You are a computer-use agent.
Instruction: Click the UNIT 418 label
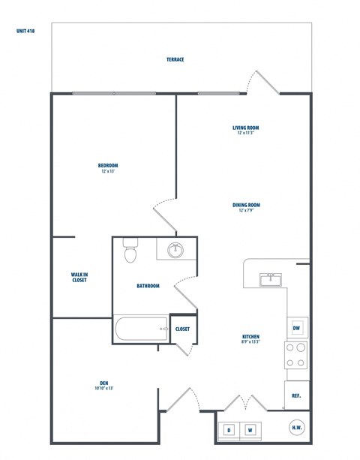click(x=25, y=32)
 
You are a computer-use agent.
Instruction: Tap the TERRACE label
click(x=175, y=59)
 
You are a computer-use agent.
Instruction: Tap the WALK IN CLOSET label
click(x=79, y=278)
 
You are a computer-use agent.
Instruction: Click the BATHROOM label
click(x=148, y=285)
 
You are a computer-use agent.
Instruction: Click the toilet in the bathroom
click(x=131, y=251)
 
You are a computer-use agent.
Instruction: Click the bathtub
click(x=141, y=328)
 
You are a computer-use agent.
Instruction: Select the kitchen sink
click(x=270, y=279)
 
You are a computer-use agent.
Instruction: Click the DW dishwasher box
click(x=297, y=327)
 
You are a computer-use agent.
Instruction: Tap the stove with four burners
click(x=295, y=355)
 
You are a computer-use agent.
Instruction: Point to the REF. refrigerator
click(x=296, y=395)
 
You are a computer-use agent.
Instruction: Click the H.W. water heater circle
click(x=297, y=428)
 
